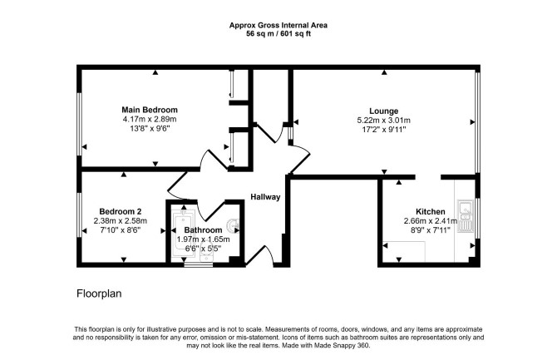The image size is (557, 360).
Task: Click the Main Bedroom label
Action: coord(150,110)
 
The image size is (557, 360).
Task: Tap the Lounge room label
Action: coord(383,111)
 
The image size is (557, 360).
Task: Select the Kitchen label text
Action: coord(431,211)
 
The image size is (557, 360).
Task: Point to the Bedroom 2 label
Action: coord(121,211)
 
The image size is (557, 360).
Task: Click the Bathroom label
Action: coord(203,230)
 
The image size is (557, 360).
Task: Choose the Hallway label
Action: coord(265,197)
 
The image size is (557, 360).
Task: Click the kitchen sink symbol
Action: coord(466,216)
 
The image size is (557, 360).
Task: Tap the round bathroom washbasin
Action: coord(234,224)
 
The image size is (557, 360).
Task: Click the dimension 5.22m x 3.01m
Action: coord(383,121)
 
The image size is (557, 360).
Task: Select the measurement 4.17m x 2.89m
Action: coord(150,119)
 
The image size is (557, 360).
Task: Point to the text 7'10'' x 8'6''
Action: coord(121,230)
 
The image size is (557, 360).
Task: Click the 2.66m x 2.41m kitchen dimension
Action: coord(431,220)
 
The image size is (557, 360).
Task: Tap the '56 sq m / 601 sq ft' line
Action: coord(278,34)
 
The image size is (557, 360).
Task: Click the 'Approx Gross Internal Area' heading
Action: coord(278,25)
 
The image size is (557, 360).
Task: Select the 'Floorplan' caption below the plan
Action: coord(99,293)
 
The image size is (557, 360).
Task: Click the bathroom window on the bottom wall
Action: coord(199,264)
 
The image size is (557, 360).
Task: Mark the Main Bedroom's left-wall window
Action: coord(80,125)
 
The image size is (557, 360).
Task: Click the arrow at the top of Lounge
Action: coord(384,72)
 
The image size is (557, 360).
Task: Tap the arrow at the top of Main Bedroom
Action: coord(155,72)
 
